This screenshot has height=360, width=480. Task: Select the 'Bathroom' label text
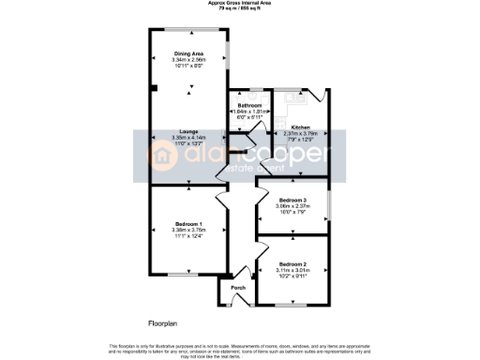248,105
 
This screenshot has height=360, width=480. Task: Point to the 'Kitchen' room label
301,127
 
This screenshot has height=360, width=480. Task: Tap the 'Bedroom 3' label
293,201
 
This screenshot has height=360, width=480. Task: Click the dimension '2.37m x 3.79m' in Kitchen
301,133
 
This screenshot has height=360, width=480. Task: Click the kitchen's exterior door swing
322,94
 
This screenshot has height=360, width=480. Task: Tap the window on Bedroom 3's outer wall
329,204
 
